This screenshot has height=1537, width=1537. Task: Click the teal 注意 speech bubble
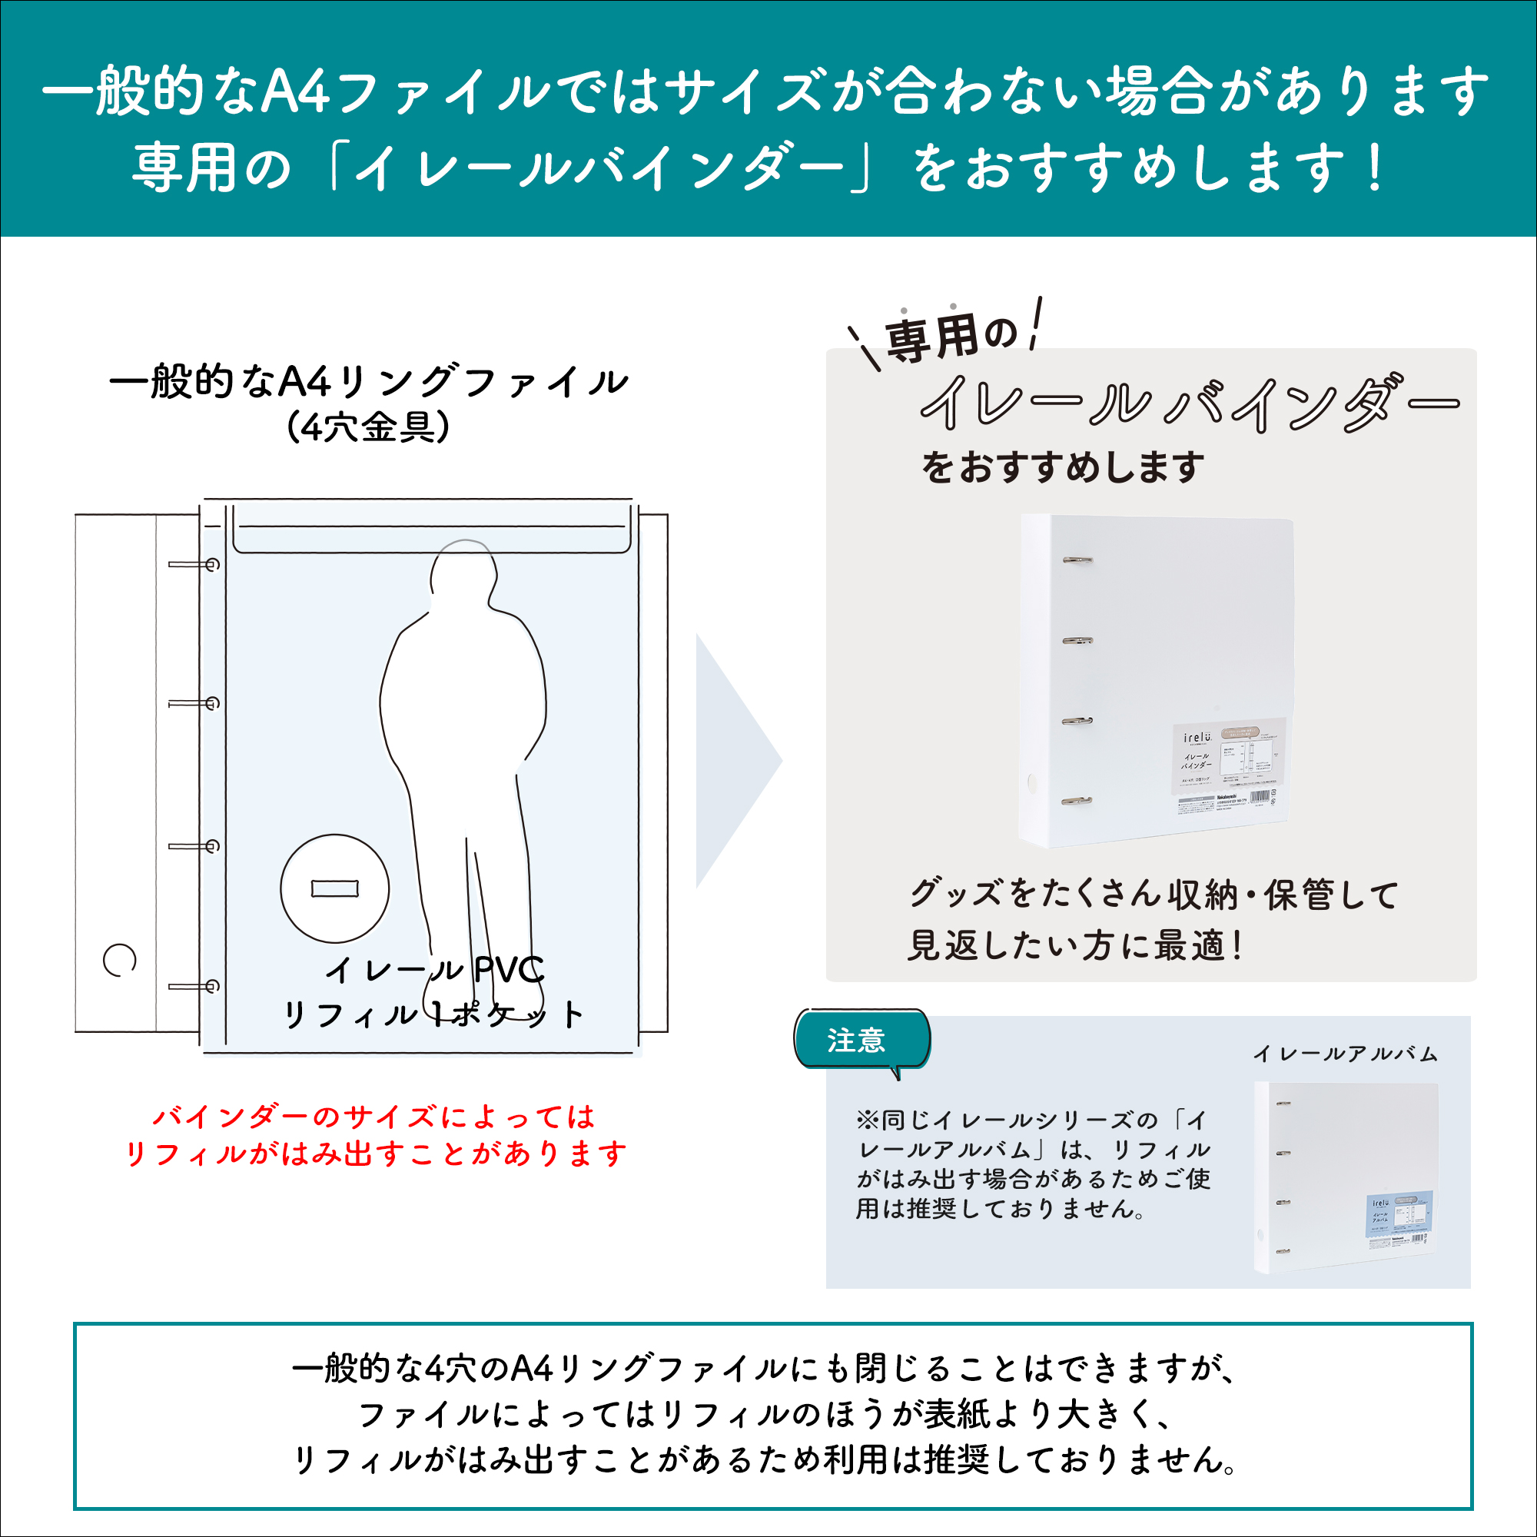pyautogui.click(x=862, y=1040)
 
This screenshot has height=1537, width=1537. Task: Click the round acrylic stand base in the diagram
pyautogui.click(x=335, y=888)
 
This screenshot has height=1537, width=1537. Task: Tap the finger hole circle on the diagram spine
pyautogui.click(x=119, y=959)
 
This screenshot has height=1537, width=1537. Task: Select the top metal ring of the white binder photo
pyautogui.click(x=1077, y=561)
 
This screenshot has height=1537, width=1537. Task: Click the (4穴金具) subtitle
pyautogui.click(x=367, y=427)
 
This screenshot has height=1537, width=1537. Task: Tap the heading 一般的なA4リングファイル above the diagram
pyautogui.click(x=368, y=382)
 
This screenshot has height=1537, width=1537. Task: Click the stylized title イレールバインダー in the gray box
pyautogui.click(x=1189, y=403)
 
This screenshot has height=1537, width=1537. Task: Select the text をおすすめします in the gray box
pyautogui.click(x=1063, y=467)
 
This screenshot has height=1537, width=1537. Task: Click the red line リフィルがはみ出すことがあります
pyautogui.click(x=376, y=1154)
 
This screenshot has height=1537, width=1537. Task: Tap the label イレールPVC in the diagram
pyautogui.click(x=434, y=970)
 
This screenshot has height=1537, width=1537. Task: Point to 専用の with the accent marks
pyautogui.click(x=950, y=336)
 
